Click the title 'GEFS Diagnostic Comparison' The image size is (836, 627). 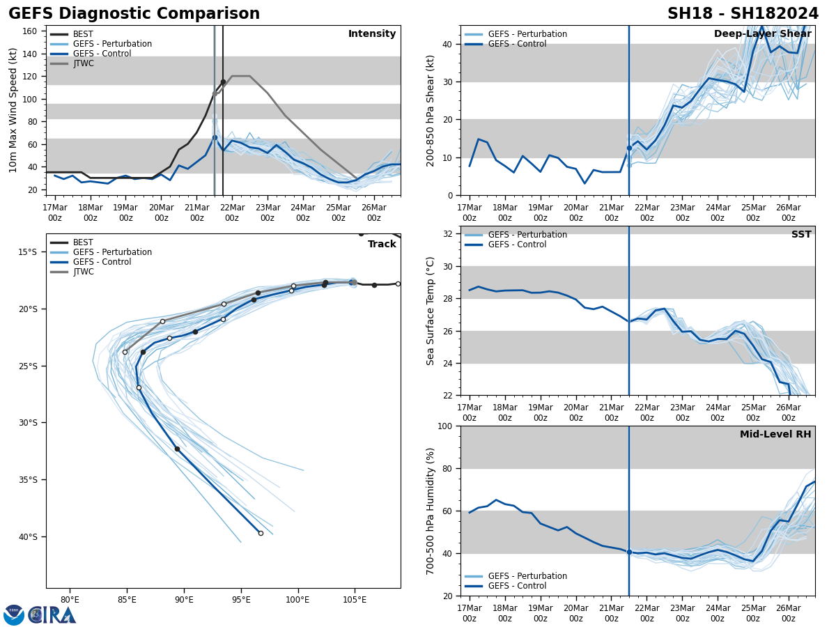coord(134,14)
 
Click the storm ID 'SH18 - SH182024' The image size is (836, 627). coord(743,14)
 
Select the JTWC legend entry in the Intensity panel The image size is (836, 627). coord(83,63)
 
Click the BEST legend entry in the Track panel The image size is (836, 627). coord(83,242)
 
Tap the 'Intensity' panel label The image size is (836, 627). coord(372,34)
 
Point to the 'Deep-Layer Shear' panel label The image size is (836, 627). coord(762,34)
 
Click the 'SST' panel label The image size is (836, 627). coord(800,235)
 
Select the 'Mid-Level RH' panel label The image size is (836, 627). coord(775,435)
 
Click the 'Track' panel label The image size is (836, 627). coord(382,244)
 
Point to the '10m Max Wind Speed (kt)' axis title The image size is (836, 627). coord(14,110)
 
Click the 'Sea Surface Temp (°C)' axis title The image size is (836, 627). coord(431,311)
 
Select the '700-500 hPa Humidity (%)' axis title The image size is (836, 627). coord(431,511)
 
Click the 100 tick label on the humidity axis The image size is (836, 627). coord(444,426)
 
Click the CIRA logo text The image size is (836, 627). coord(52,614)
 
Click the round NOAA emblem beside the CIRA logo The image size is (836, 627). coord(14,614)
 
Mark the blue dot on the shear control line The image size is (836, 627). coord(629,148)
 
